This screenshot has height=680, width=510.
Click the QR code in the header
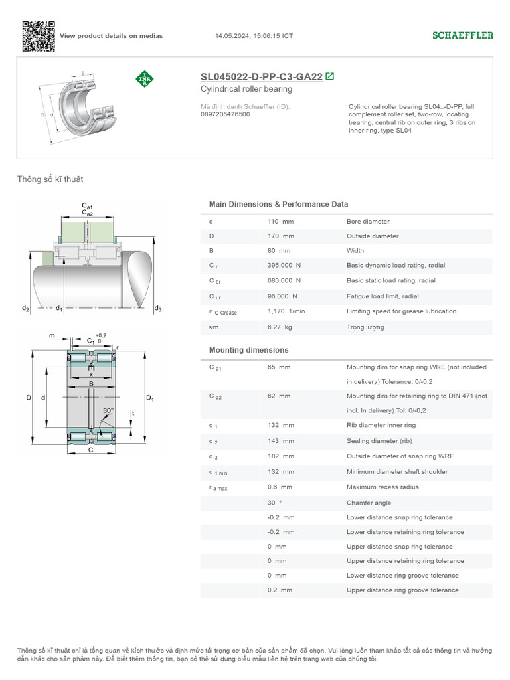point(38,36)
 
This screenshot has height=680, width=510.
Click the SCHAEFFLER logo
point(463,35)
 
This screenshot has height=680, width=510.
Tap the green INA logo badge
point(144,79)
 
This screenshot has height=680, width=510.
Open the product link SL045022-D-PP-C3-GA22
point(261,77)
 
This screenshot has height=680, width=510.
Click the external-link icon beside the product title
point(330,76)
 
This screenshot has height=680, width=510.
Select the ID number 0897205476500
point(225,114)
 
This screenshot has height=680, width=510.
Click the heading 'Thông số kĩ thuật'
point(50,179)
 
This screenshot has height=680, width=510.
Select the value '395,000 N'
point(284,266)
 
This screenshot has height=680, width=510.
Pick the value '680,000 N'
point(284,281)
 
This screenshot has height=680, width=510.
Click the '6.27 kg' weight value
point(280,327)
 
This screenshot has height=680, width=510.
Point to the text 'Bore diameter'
point(368,222)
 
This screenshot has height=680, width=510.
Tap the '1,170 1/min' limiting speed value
point(286,311)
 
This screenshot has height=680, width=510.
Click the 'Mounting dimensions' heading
point(248,350)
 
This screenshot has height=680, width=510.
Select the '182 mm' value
point(280,456)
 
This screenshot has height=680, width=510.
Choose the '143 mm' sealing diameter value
point(280,441)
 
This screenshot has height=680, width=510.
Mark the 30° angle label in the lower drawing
point(108,410)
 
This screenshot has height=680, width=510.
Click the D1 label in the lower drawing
point(149,398)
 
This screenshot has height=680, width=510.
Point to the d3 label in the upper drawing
point(158,309)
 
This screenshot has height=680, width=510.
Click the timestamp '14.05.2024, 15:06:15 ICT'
point(254,36)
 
